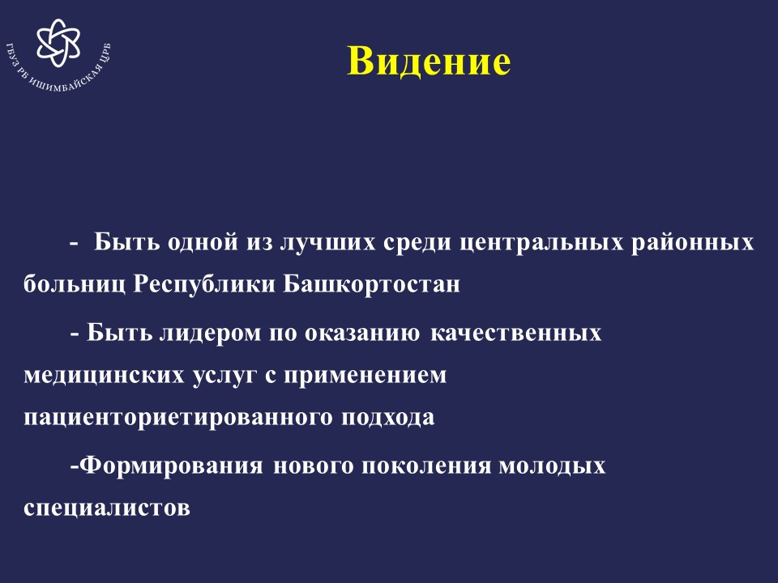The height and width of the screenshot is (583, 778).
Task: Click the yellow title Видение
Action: point(429,61)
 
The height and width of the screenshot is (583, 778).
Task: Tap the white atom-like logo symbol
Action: point(58,43)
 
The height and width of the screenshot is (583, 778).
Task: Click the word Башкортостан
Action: point(372,284)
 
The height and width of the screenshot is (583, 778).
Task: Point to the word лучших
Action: point(328,243)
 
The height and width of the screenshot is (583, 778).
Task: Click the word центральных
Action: point(541,243)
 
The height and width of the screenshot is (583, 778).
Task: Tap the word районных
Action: point(693,243)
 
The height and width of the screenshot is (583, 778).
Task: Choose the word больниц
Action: point(75,284)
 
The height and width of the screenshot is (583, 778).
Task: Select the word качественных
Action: point(515,333)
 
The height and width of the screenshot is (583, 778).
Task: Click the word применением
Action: point(365,375)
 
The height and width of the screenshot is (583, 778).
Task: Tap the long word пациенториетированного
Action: point(177,417)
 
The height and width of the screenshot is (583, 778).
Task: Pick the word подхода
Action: point(387,417)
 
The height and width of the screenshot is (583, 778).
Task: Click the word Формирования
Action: point(172,466)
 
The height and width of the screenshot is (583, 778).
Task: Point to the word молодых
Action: point(552,466)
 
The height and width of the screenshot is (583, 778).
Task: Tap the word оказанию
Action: point(361,333)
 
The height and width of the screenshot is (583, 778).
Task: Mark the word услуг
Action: point(224,375)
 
